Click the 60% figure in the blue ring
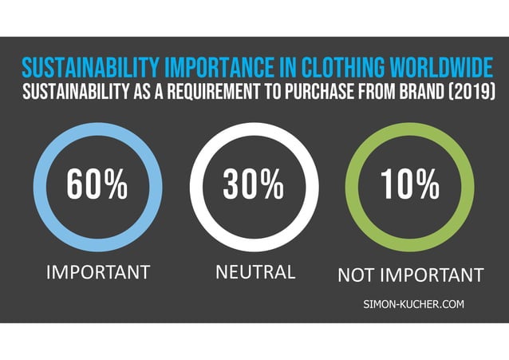[96, 185]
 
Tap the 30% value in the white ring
[253, 185]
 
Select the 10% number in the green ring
[409, 185]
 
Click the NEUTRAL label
[255, 272]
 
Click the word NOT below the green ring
[355, 275]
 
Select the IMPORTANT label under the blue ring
[98, 272]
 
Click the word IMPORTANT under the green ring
[430, 275]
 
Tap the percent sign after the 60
[116, 185]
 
